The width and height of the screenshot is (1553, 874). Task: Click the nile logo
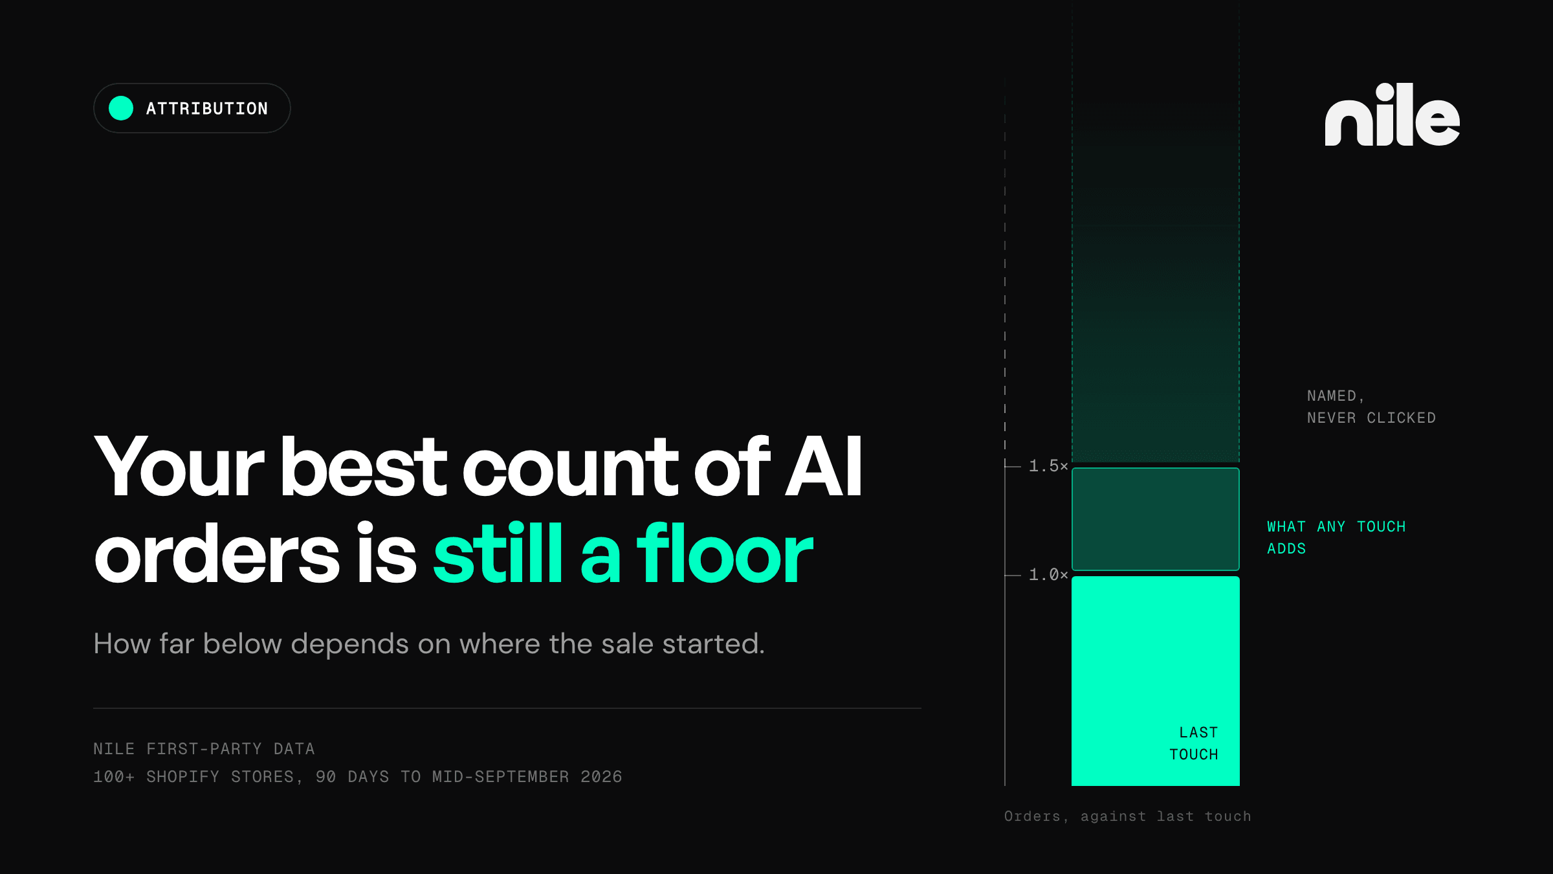(x=1392, y=115)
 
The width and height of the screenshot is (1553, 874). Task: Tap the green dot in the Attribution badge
(x=121, y=108)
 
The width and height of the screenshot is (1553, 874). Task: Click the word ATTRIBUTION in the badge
(x=207, y=109)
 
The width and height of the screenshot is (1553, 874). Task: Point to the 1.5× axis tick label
(x=1048, y=465)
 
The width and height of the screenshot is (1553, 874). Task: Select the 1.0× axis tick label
(x=1048, y=574)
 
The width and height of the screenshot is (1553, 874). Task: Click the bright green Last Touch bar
(x=1156, y=681)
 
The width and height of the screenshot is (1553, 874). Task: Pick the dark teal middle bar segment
(x=1156, y=519)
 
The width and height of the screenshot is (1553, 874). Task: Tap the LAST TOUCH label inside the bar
(x=1194, y=743)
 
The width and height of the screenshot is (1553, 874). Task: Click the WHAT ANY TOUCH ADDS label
(x=1336, y=537)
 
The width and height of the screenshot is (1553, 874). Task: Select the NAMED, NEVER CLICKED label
(x=1371, y=407)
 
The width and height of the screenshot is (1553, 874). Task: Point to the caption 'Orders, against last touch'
(x=1128, y=816)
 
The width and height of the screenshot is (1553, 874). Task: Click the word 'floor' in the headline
(x=725, y=554)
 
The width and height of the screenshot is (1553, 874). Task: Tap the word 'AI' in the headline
(x=824, y=466)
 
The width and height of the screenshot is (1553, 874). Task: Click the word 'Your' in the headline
(x=179, y=466)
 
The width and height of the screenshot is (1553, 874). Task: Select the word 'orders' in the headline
(x=217, y=554)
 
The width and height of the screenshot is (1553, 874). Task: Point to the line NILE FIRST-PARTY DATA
(x=204, y=749)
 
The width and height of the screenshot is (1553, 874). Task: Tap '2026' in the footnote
(x=601, y=777)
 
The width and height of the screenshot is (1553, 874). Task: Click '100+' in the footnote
(x=114, y=777)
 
